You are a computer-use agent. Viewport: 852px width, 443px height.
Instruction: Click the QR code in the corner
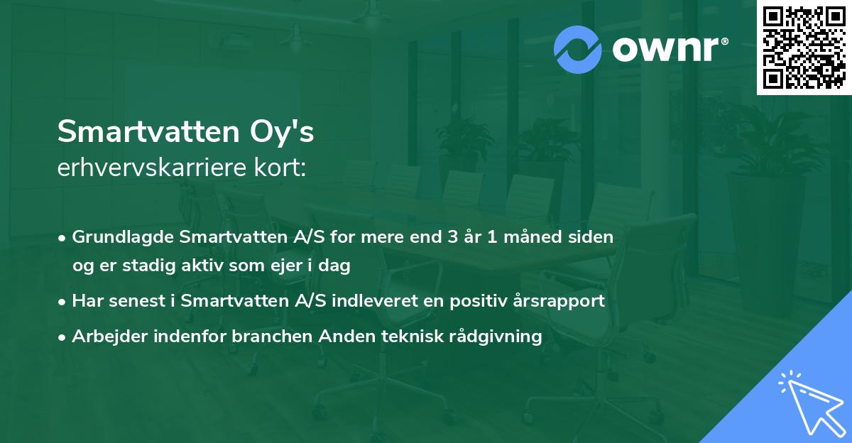coord(804,48)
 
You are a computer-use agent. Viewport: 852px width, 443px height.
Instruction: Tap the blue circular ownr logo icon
coord(578,49)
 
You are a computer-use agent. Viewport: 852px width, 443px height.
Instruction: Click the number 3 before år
coord(452,236)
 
